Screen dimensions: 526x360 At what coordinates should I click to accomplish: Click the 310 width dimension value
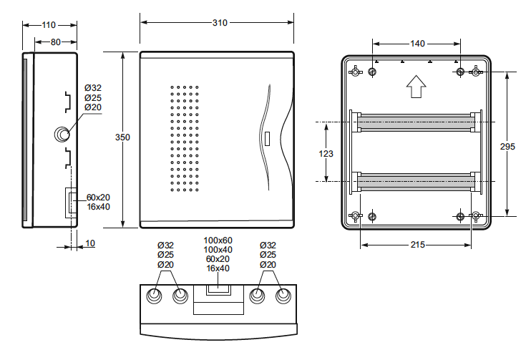[x=220, y=23]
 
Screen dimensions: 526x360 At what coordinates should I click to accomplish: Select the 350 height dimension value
[x=122, y=137]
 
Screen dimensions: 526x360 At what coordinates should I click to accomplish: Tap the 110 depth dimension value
[x=49, y=25]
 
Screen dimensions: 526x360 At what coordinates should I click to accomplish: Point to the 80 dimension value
[x=56, y=42]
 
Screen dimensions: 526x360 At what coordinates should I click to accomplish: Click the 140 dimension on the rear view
[x=417, y=44]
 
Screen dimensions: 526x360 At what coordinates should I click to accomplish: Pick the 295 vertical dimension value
[x=507, y=147]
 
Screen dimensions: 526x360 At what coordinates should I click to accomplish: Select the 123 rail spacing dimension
[x=326, y=154]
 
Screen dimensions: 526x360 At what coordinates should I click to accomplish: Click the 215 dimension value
[x=418, y=245]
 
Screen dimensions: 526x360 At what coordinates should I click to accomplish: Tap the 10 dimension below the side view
[x=90, y=243]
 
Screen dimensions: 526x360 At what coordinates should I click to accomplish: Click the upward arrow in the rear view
[x=416, y=87]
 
